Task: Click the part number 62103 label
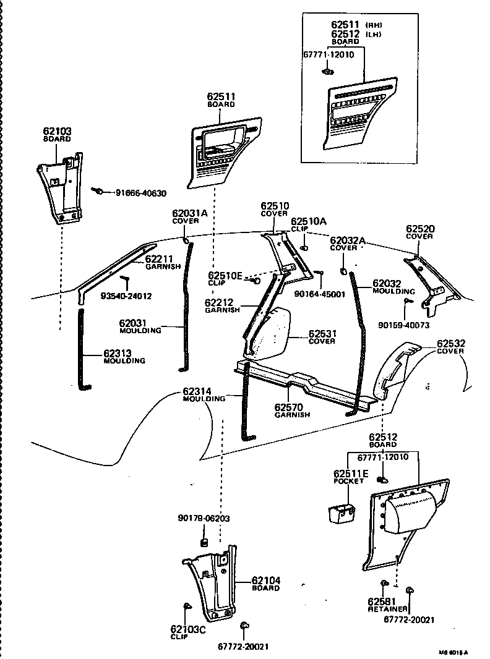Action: [57, 132]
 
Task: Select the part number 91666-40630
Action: [140, 193]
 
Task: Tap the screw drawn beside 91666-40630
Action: [98, 191]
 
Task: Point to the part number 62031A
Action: [190, 213]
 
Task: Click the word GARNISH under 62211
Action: [163, 266]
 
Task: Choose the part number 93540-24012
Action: [126, 296]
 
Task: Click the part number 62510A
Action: [309, 221]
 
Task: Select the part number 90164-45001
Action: [320, 294]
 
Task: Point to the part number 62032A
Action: [347, 240]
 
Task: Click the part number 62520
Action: [421, 229]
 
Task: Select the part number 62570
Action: [292, 408]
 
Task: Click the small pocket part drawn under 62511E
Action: [340, 514]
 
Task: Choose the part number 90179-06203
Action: [203, 518]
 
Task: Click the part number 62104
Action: [266, 580]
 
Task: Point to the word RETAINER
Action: [387, 609]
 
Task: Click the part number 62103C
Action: [188, 629]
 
